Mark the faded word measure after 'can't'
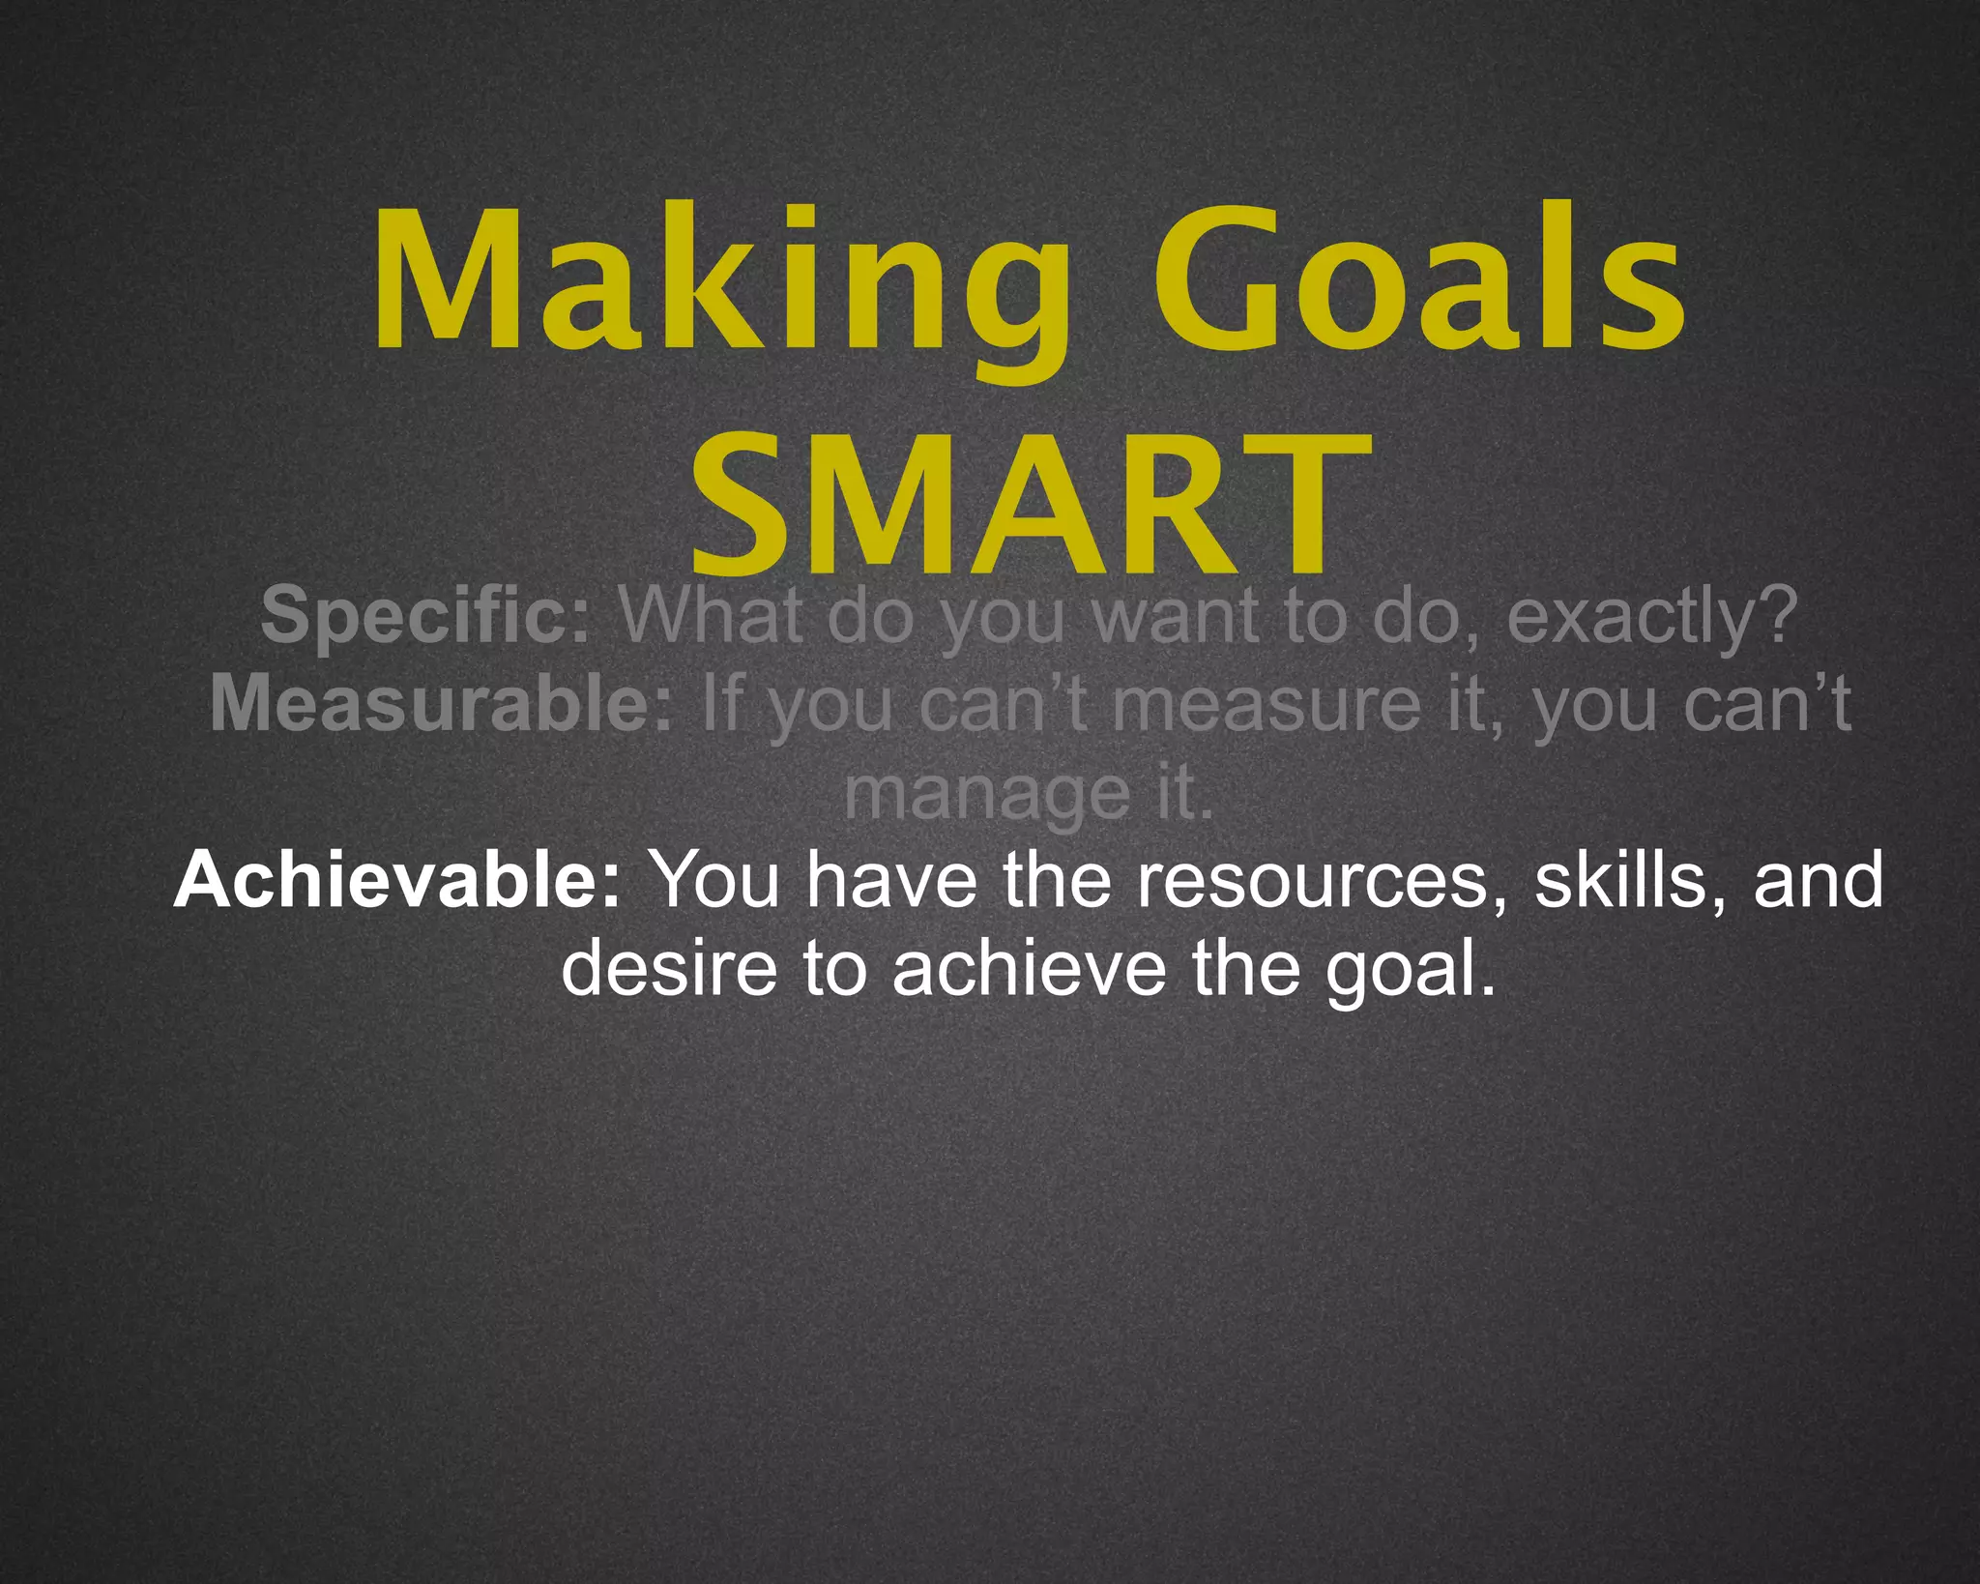[x=1266, y=705]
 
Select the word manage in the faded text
[x=987, y=795]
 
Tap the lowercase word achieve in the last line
[x=1029, y=968]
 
